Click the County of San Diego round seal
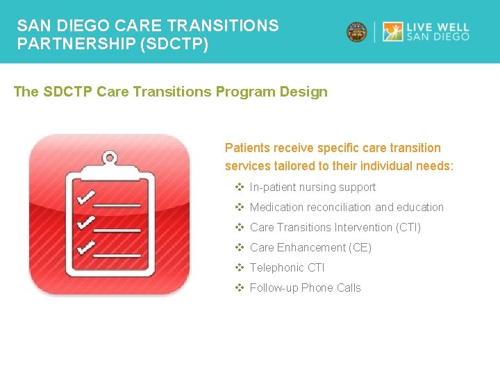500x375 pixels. [x=357, y=32]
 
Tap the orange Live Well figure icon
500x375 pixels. [x=392, y=32]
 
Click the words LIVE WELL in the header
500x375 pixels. [x=438, y=26]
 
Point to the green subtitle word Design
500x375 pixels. [x=305, y=92]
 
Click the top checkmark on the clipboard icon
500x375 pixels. [x=86, y=199]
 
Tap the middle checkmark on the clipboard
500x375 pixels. [x=86, y=223]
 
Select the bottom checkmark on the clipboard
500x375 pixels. [x=86, y=247]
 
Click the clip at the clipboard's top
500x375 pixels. [x=109, y=160]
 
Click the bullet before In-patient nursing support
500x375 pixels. [x=240, y=187]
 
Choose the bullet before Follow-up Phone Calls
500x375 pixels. [x=240, y=287]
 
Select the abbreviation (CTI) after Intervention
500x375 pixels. [x=408, y=227]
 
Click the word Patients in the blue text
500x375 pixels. [x=246, y=148]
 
